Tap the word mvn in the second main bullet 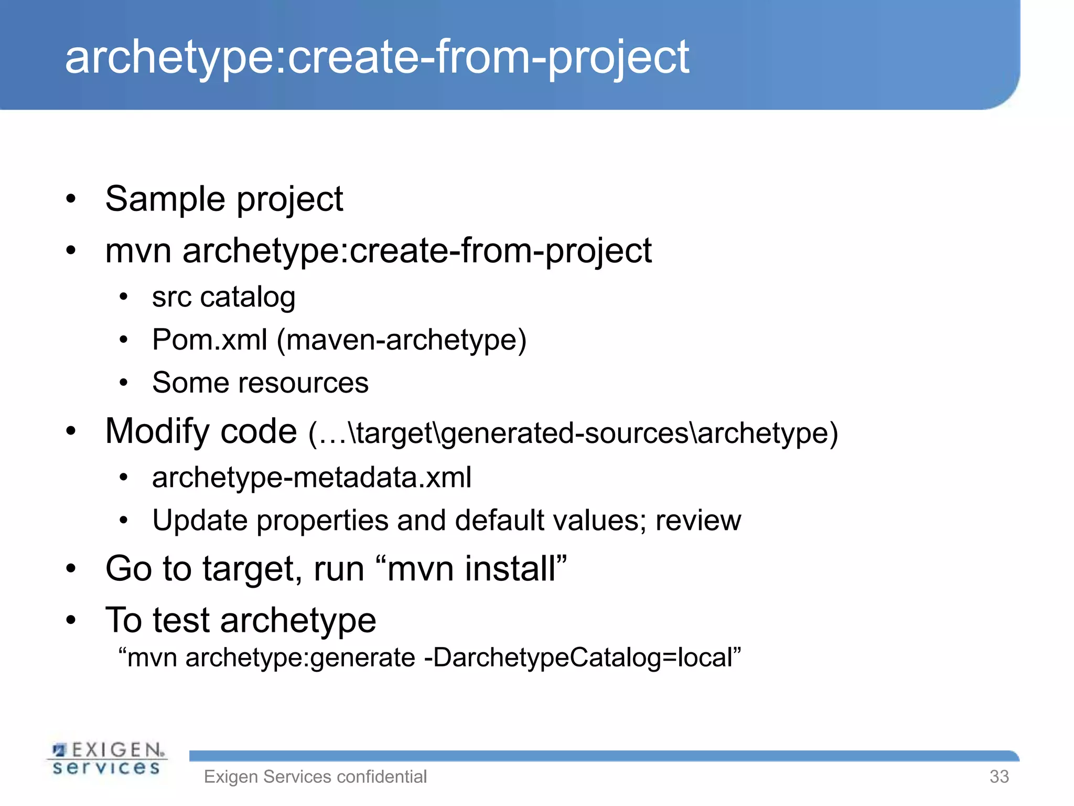[x=138, y=251]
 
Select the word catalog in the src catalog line [x=248, y=298]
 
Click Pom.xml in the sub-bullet [x=210, y=340]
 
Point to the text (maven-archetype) [x=401, y=340]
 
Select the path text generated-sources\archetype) [x=640, y=433]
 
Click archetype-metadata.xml [x=312, y=478]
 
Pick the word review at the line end [x=698, y=521]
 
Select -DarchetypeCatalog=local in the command [x=582, y=658]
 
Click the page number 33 [x=999, y=777]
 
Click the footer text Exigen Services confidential [x=315, y=777]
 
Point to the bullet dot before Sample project [x=71, y=200]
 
